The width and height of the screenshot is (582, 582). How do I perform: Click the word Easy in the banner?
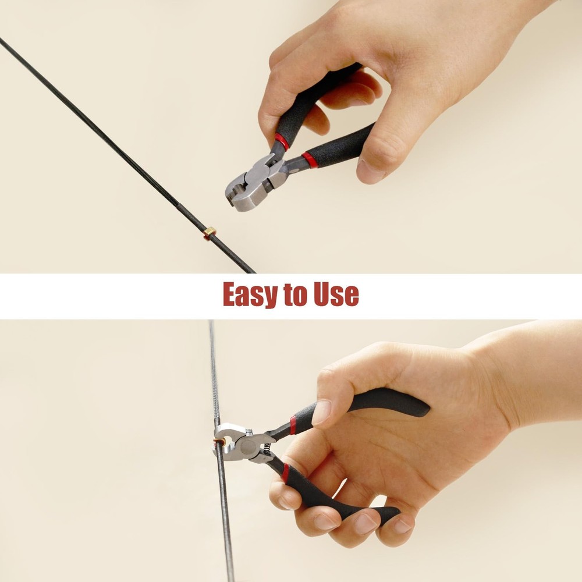pyautogui.click(x=250, y=294)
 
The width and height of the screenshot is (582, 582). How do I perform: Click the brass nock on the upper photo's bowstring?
pyautogui.click(x=210, y=233)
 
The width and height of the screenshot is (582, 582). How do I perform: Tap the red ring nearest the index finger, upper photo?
pyautogui.click(x=282, y=141)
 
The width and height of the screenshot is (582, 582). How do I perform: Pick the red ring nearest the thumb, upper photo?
pyautogui.click(x=309, y=159)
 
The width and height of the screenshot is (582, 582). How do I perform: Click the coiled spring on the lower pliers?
pyautogui.click(x=267, y=449)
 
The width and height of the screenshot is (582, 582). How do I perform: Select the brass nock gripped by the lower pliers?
pyautogui.click(x=219, y=442)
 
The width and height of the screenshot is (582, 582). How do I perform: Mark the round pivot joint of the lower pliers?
pyautogui.click(x=246, y=446)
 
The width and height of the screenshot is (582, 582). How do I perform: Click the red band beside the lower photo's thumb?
pyautogui.click(x=293, y=425)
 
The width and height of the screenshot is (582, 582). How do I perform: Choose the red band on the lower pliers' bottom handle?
pyautogui.click(x=285, y=473)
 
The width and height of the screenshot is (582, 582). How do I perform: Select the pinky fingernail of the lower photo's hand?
pyautogui.click(x=402, y=526)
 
